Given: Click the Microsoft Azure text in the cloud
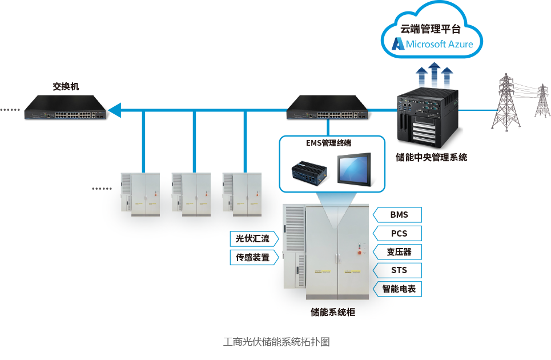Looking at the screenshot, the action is pos(439,45).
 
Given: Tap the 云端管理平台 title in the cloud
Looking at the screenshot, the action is pos(431,29).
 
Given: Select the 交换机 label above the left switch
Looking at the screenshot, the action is pos(66,86).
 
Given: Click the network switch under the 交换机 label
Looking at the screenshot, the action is pos(65,107).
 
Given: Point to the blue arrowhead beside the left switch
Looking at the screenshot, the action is pos(115,110).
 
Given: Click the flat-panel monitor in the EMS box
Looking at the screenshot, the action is pos(354,169).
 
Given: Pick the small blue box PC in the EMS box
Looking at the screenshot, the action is pos(309,173).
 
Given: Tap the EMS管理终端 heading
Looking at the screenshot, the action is pos(328,143).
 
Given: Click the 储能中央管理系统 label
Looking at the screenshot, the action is pos(431,157).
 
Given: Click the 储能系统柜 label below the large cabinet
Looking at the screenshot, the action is pos(333,312).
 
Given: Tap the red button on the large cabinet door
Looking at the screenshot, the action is pos(360,253).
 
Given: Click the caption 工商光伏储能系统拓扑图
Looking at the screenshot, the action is pos(276,342).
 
